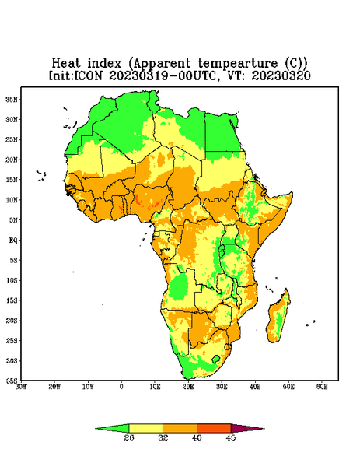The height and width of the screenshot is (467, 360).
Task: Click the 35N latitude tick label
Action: pos(12,99)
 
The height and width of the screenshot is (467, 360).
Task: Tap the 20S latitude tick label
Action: pos(12,321)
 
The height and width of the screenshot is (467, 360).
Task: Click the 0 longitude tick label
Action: pos(121,387)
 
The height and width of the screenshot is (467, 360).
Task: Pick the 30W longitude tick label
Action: pos(22,387)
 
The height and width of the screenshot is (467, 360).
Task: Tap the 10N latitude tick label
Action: pos(12,200)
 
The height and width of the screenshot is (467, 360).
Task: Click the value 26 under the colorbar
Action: pos(129,437)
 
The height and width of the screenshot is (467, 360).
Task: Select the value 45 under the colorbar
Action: pos(231,437)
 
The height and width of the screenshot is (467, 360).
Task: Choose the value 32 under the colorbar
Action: pos(163,437)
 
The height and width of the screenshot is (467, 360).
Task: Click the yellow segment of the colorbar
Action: pos(145,428)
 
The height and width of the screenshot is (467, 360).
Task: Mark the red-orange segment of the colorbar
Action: pos(214,428)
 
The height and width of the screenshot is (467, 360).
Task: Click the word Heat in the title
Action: pos(66,64)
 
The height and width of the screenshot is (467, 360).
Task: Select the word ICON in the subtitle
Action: pos(88,75)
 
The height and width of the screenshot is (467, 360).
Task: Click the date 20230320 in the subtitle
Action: pos(281,75)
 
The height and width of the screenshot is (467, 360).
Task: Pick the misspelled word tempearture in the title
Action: pos(238,64)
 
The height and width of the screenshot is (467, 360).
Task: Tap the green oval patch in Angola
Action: pos(179,286)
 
